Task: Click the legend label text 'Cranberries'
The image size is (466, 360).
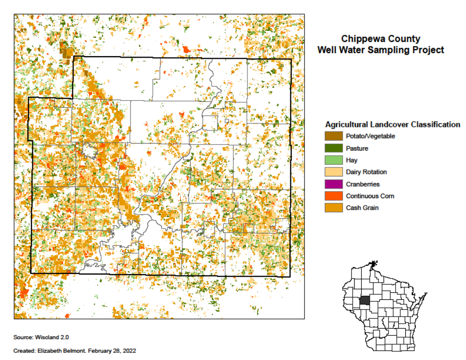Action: tap(363, 184)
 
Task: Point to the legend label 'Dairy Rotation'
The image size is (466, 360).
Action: tap(366, 172)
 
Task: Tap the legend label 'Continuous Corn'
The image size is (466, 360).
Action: tap(370, 196)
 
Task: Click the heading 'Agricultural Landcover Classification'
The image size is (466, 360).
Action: tap(393, 124)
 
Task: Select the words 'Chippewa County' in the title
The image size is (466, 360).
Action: tap(380, 39)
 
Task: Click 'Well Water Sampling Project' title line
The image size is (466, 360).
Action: tap(380, 50)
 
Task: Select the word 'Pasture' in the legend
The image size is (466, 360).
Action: tap(357, 148)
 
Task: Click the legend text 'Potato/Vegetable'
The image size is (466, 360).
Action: tap(370, 136)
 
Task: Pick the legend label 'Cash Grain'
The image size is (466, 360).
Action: tap(362, 208)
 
